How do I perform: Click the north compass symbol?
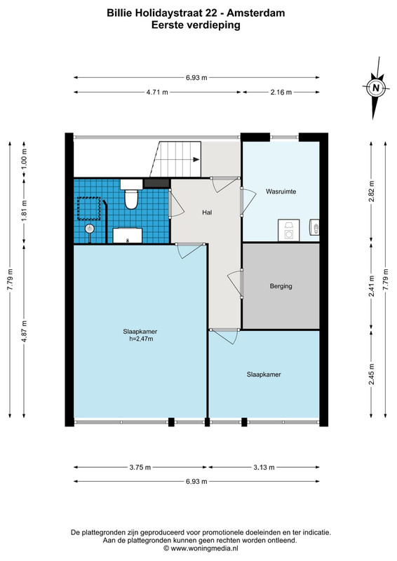[375, 88]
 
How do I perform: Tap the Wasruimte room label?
[281, 191]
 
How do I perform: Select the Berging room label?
[281, 286]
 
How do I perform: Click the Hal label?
[207, 212]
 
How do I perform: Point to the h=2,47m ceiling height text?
[141, 339]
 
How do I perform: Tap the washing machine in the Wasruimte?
[288, 230]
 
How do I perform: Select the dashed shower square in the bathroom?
[89, 208]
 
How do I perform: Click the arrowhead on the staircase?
[196, 160]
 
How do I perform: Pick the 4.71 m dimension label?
[157, 93]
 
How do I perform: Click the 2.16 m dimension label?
[281, 93]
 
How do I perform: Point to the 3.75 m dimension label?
[140, 467]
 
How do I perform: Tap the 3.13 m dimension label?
[264, 467]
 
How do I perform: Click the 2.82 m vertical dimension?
[372, 191]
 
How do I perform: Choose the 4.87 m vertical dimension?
[25, 331]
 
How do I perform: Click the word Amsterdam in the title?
[256, 13]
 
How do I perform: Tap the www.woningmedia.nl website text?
[204, 548]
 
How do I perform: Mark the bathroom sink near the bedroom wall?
[128, 236]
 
